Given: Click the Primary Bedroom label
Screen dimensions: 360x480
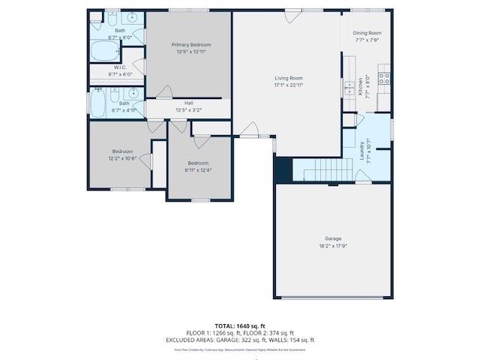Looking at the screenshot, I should click(x=189, y=45).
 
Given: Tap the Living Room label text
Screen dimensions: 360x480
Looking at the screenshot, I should click(x=288, y=78).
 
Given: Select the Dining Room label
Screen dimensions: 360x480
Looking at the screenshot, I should click(x=367, y=33).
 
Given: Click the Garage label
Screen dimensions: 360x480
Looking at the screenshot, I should click(x=332, y=238).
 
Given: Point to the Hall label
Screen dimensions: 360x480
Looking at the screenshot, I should click(x=189, y=103).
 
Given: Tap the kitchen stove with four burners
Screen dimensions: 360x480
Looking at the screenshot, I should click(x=384, y=75).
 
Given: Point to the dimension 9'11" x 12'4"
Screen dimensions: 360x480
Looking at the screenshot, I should click(x=198, y=169).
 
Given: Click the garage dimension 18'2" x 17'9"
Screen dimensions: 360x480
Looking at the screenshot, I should click(x=332, y=245).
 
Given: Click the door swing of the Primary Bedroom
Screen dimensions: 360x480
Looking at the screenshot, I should click(x=163, y=91).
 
